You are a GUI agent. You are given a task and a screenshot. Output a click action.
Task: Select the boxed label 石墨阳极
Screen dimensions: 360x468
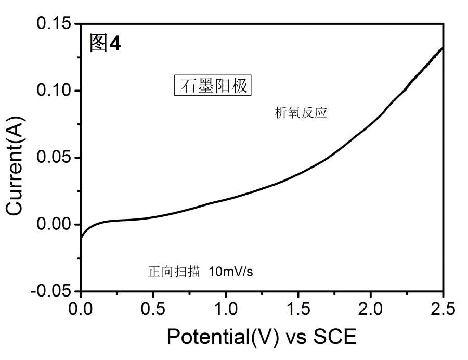pyautogui.click(x=212, y=85)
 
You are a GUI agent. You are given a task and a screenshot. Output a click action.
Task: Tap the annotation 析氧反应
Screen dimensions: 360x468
pyautogui.click(x=301, y=113)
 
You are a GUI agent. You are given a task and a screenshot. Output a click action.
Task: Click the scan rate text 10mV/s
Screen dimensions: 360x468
pyautogui.click(x=233, y=271)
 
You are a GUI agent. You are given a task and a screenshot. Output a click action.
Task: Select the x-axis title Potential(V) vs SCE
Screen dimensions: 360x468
pyautogui.click(x=262, y=337)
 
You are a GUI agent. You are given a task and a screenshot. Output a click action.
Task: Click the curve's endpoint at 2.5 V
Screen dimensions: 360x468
pyautogui.click(x=442, y=48)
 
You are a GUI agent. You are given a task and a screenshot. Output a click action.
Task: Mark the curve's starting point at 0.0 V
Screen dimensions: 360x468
pyautogui.click(x=81, y=240)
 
